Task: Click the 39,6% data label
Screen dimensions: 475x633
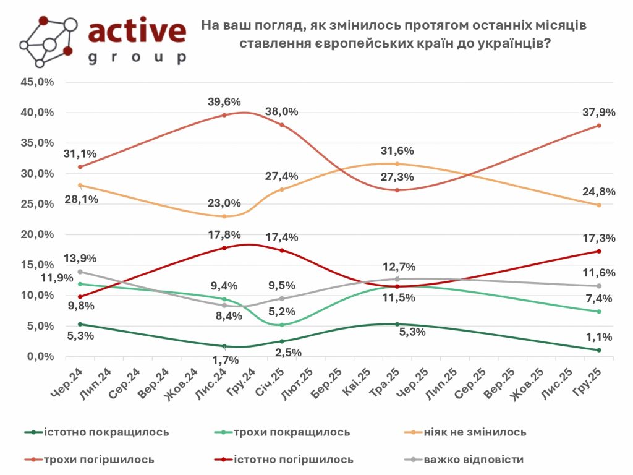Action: [x=224, y=102]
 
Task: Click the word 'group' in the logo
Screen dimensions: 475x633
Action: [x=137, y=58]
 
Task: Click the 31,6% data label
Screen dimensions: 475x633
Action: [x=396, y=151]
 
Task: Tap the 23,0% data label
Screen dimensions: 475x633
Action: [x=224, y=203]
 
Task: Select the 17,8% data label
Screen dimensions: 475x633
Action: [x=224, y=235]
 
